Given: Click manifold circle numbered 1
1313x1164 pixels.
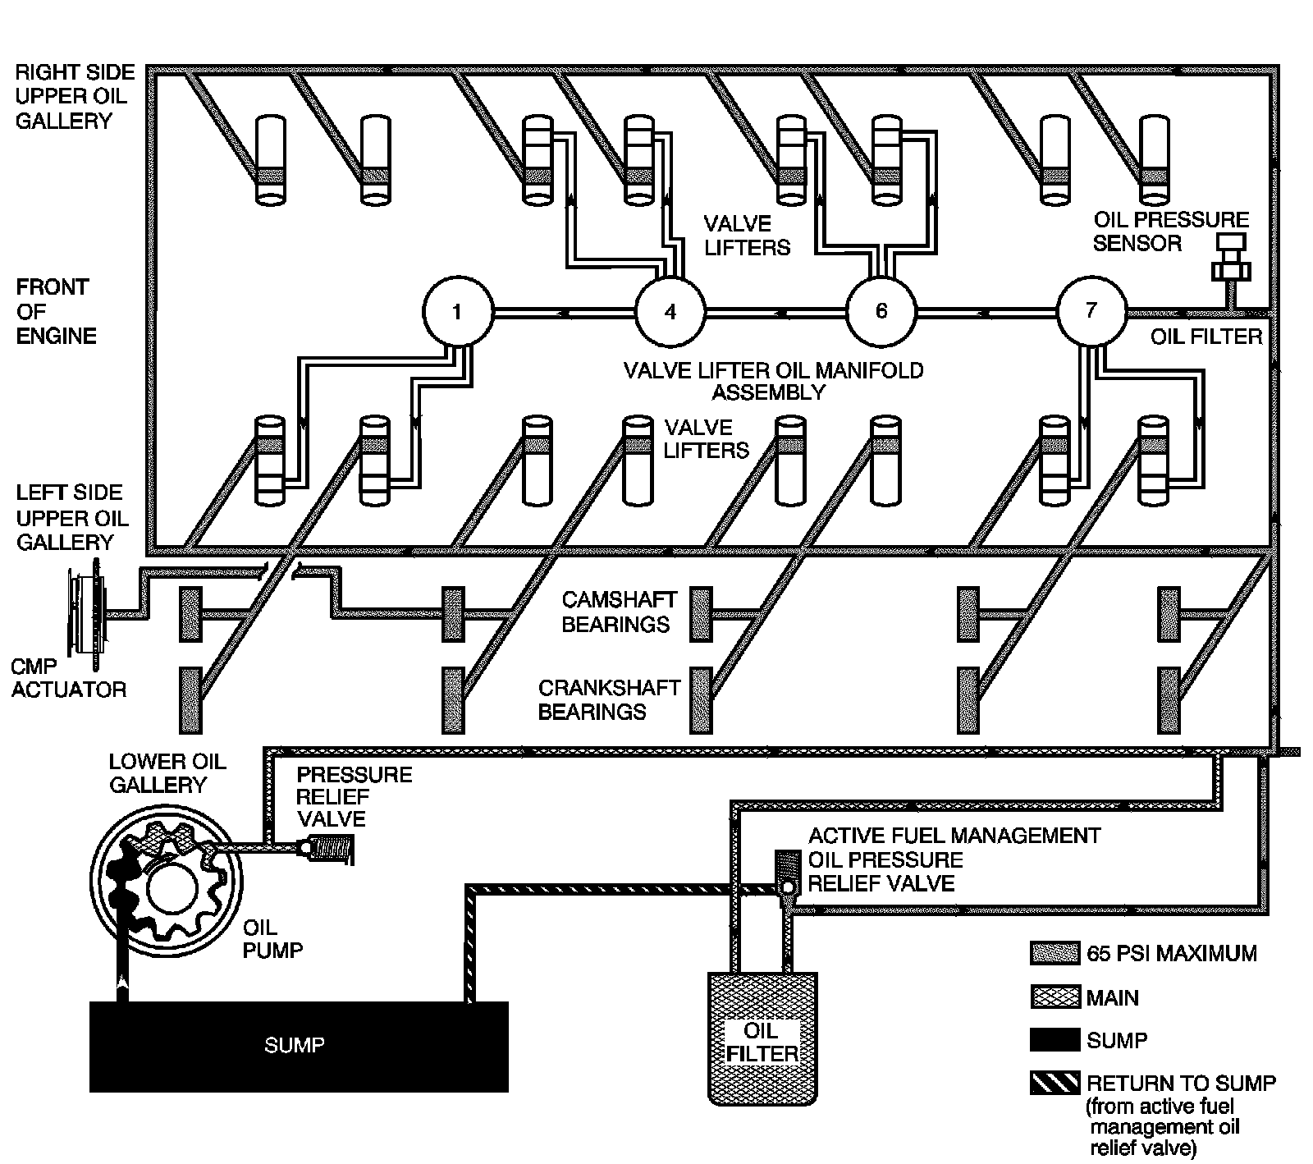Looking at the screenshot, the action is [x=457, y=312].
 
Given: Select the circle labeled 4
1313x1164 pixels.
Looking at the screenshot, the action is [x=670, y=312].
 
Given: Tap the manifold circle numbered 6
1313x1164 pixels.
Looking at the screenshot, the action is [x=881, y=312].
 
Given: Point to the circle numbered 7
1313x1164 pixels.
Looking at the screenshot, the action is [x=1091, y=312].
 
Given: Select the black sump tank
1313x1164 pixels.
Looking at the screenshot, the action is [x=299, y=1046].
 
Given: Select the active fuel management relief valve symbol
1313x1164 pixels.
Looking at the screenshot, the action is [x=787, y=874].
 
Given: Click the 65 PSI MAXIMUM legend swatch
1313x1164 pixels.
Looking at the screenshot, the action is [x=1055, y=953].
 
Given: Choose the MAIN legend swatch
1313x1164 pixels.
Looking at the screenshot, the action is [x=1055, y=997].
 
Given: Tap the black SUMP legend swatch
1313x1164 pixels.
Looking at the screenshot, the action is [x=1055, y=1040].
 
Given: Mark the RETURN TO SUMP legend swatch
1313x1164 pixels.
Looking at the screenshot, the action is [x=1055, y=1083].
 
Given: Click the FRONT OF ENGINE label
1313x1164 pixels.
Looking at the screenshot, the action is [x=56, y=311].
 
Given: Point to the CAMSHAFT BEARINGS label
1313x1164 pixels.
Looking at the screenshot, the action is [x=620, y=612].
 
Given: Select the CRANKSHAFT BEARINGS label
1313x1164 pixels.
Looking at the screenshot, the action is [x=609, y=699].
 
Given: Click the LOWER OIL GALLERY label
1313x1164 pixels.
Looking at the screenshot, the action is [x=167, y=772].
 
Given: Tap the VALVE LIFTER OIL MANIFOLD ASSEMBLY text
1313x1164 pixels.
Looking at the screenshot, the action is [x=773, y=381].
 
